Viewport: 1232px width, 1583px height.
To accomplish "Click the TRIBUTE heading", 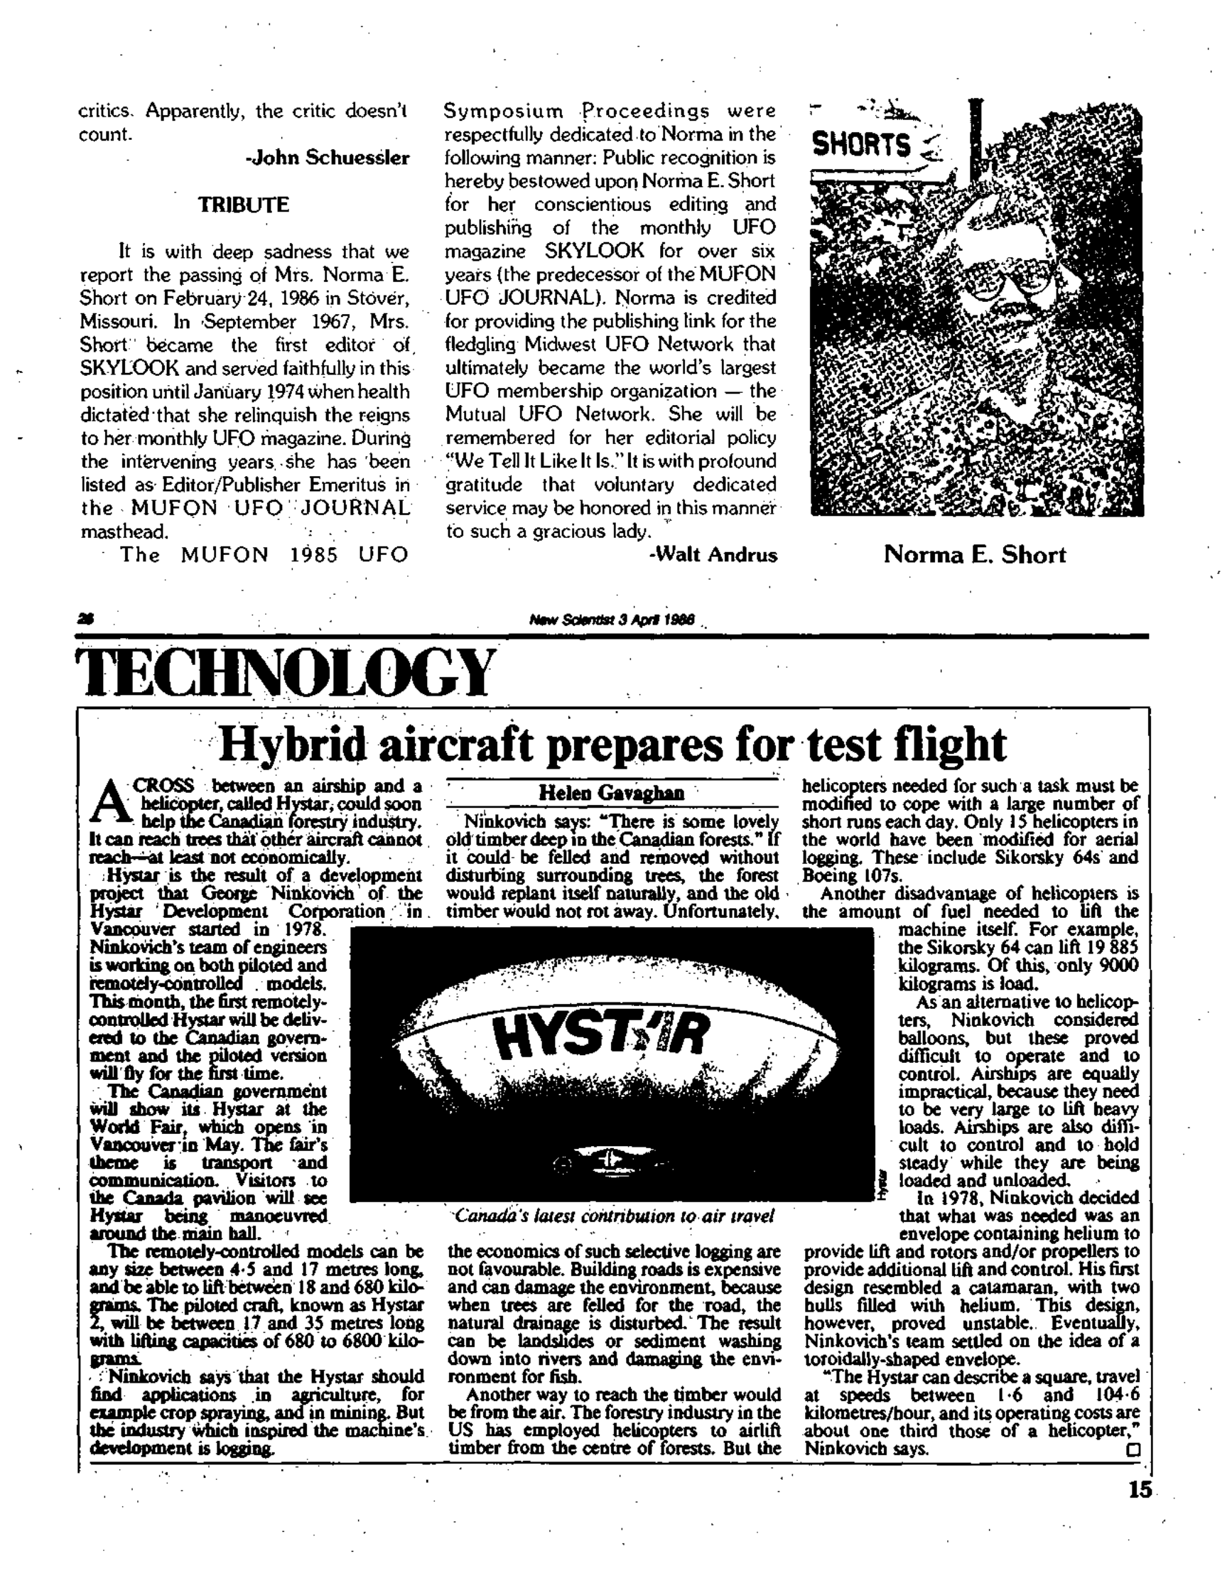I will [x=244, y=205].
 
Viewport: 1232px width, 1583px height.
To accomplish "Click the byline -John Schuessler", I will [x=328, y=158].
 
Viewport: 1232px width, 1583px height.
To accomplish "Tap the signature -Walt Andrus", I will [x=713, y=555].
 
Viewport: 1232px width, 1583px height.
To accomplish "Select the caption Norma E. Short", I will [x=975, y=555].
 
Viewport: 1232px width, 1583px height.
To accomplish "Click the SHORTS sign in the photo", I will [x=861, y=145].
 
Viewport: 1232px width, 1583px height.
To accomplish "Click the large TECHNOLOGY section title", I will [x=287, y=671].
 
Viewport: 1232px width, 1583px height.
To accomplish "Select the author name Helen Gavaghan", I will [x=611, y=794].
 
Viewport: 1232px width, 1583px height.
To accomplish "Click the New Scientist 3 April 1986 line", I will [x=612, y=620].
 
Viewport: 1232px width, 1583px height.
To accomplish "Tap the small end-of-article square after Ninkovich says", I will [x=1133, y=1449].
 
